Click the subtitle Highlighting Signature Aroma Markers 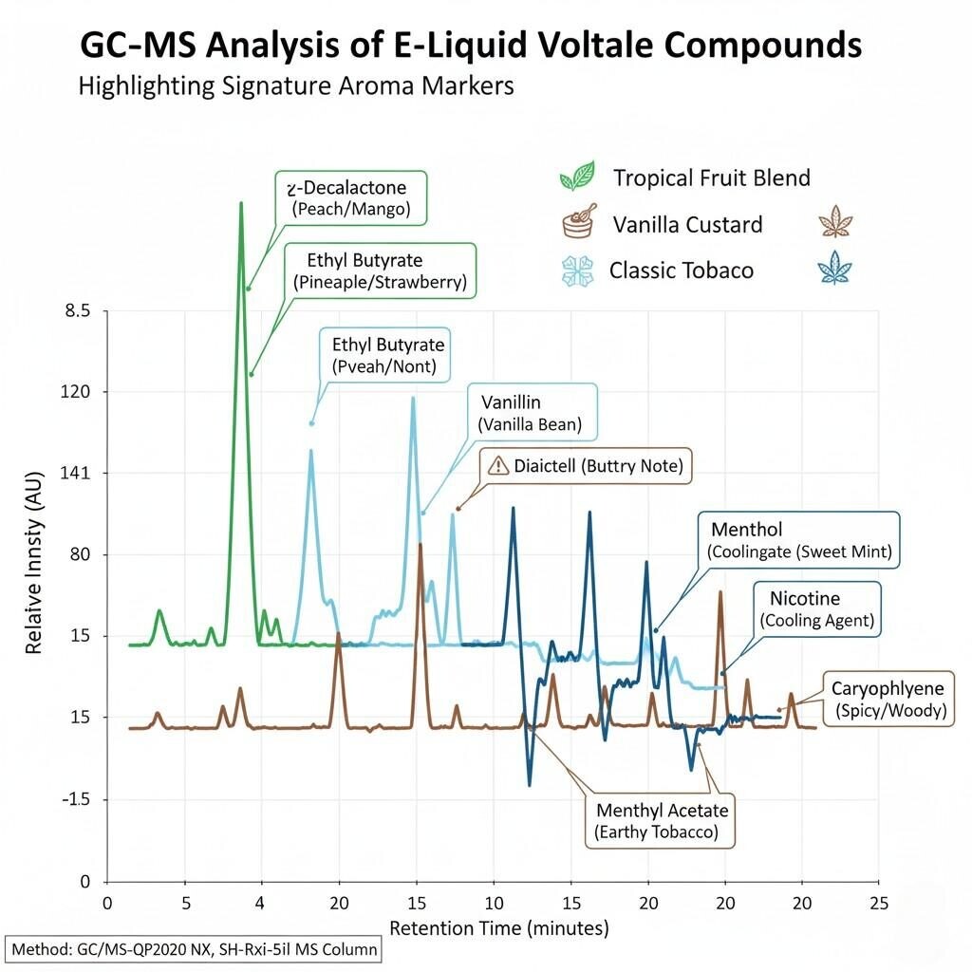point(295,86)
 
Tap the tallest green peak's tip point(241,203)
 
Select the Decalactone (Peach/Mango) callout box point(351,198)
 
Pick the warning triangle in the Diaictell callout point(498,466)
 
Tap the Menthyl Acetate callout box point(662,821)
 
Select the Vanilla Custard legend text point(687,225)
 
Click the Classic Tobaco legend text point(682,271)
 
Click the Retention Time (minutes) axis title point(499,927)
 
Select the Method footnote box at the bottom point(194,948)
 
